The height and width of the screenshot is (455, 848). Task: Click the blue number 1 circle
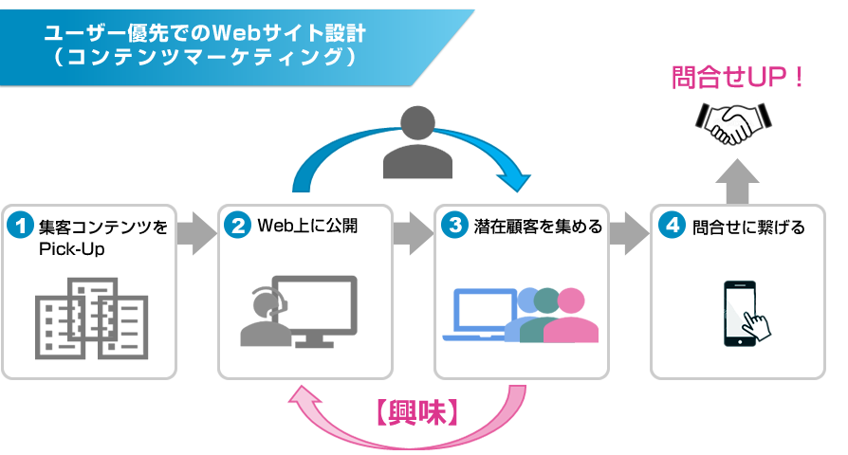click(x=21, y=227)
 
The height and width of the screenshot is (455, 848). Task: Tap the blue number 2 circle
click(x=237, y=227)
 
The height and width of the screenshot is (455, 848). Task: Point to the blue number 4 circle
click(x=671, y=227)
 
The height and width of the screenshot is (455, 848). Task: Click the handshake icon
click(x=733, y=121)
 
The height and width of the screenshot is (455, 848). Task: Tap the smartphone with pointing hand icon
click(x=747, y=314)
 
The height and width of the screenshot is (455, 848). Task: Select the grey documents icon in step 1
click(x=91, y=317)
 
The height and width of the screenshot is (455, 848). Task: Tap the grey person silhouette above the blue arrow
click(x=417, y=142)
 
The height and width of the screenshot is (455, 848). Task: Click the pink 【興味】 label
click(x=417, y=414)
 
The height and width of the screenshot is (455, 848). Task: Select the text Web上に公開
click(x=308, y=227)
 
